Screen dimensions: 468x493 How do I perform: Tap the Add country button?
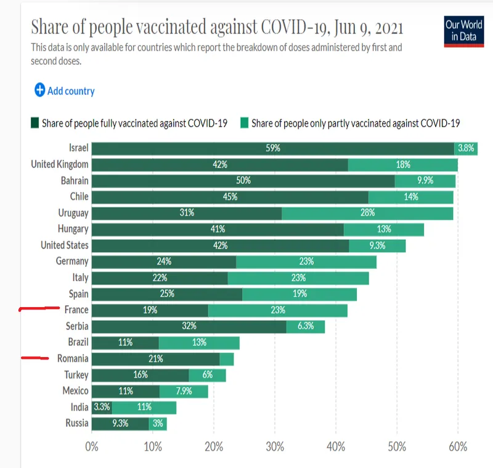click(x=65, y=91)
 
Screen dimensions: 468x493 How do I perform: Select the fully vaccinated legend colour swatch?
click(x=35, y=123)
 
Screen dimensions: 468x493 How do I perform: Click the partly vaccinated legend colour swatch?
click(x=245, y=123)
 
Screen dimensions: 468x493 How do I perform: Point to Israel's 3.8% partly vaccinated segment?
click(x=466, y=149)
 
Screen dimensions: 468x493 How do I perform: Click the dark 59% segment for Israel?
click(x=273, y=149)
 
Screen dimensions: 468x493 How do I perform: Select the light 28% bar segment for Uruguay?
click(x=367, y=213)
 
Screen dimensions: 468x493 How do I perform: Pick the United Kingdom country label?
click(x=60, y=165)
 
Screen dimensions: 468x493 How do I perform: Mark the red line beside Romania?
click(x=35, y=356)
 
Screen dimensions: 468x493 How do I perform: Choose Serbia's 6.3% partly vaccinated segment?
click(x=306, y=326)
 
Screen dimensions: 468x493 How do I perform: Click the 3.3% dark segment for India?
click(x=102, y=407)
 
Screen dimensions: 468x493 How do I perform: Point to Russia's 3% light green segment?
click(x=158, y=424)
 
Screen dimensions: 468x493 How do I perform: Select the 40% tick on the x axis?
click(x=335, y=446)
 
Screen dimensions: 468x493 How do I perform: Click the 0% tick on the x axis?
click(x=92, y=446)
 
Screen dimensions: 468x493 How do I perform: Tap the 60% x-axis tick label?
click(x=457, y=446)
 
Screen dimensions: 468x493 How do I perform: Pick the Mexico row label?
click(x=75, y=390)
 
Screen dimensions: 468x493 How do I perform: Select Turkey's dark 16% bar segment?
click(x=141, y=375)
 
